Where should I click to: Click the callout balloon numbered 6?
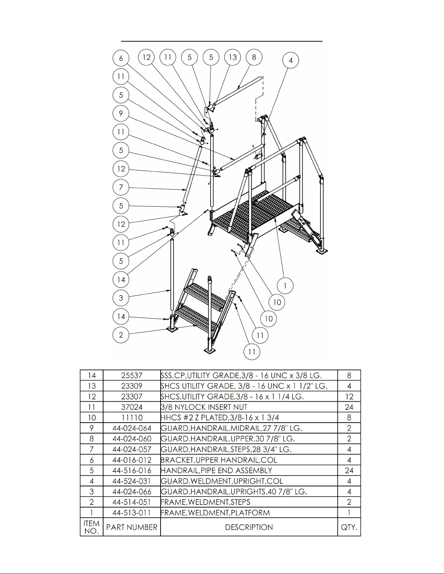tap(121, 58)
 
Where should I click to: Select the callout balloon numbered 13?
tap(233, 57)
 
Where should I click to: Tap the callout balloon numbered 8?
tap(254, 57)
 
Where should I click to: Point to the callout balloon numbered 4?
tap(291, 60)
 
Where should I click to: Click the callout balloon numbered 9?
tap(121, 114)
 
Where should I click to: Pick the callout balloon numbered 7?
tap(121, 187)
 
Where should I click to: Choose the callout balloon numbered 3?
tap(121, 298)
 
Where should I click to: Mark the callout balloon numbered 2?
tap(121, 335)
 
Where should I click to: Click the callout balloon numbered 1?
tap(285, 286)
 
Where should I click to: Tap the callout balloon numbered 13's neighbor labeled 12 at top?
tap(146, 57)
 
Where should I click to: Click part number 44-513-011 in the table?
tap(132, 513)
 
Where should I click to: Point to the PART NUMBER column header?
tap(132, 527)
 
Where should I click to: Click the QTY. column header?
tap(349, 527)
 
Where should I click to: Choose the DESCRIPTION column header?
tap(249, 527)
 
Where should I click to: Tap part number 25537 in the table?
tap(132, 375)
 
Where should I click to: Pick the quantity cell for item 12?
tap(349, 397)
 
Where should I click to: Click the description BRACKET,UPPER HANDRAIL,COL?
tap(219, 460)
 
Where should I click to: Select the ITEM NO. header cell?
tap(91, 527)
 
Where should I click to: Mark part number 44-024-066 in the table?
tap(132, 491)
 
